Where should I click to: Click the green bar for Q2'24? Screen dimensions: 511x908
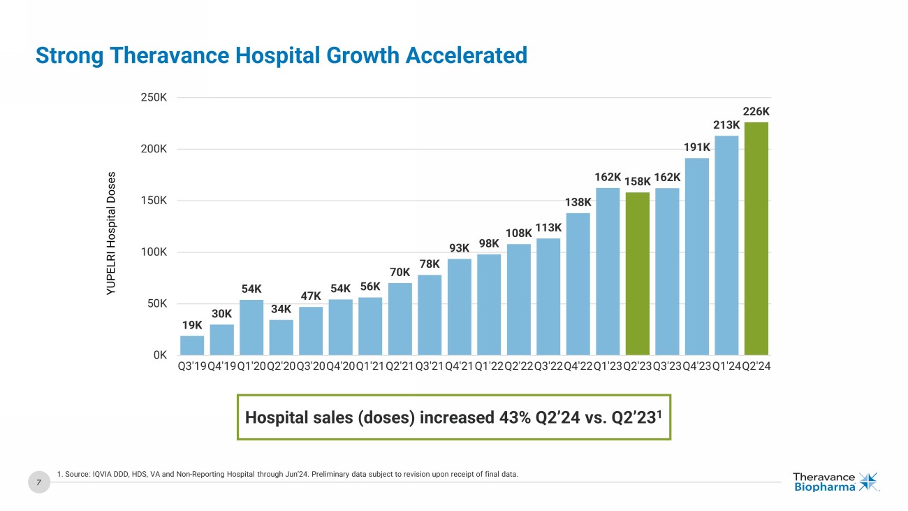(x=756, y=238)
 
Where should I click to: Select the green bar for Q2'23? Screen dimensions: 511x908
(x=637, y=273)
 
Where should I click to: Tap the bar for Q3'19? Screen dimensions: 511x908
(x=192, y=345)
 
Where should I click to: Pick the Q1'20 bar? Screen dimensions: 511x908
(x=251, y=327)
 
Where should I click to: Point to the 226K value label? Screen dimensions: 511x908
(x=756, y=111)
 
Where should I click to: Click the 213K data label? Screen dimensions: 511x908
(x=726, y=124)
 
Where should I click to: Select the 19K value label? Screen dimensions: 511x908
(x=192, y=325)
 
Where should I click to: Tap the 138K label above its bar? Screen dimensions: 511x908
(x=578, y=202)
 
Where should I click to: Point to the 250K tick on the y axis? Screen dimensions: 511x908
(x=154, y=98)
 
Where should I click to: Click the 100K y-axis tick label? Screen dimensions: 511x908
(x=154, y=252)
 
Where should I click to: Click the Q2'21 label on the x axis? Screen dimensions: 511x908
(x=400, y=366)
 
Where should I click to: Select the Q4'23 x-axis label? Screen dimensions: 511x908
(x=696, y=366)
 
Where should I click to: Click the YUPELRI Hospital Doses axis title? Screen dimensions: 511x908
(x=112, y=233)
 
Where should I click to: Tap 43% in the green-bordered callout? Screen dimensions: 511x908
(x=515, y=418)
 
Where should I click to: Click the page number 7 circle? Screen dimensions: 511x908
(x=39, y=482)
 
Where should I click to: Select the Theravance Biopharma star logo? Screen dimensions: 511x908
(x=870, y=482)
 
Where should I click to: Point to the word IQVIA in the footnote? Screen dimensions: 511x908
(x=102, y=475)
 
